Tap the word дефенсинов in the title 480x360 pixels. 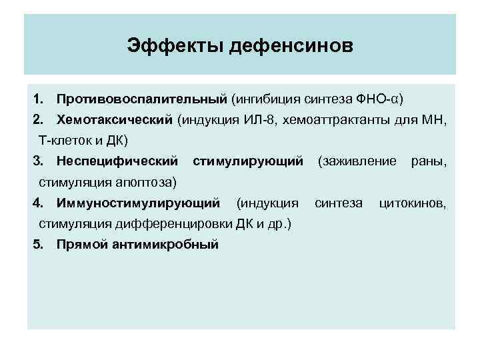[x=292, y=47]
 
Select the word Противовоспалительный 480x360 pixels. [x=142, y=99]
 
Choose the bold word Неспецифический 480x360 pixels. [x=117, y=161]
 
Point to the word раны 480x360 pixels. [x=429, y=161]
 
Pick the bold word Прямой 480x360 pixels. [x=83, y=244]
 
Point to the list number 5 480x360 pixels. [x=37, y=244]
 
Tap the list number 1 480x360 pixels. [x=37, y=99]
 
